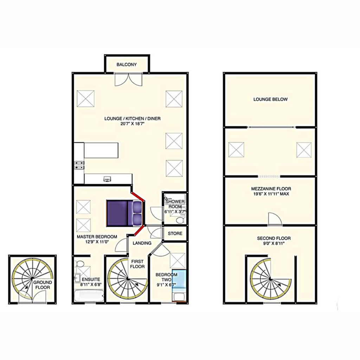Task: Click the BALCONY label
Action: point(127,65)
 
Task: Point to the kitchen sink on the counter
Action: point(107,179)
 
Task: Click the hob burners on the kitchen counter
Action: point(79,165)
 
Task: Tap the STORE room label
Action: point(175,233)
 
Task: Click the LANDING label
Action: point(142,243)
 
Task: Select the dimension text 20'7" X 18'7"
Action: point(132,124)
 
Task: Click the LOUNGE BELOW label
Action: point(270,99)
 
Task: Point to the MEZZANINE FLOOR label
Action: point(271,189)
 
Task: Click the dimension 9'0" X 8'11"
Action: point(274,243)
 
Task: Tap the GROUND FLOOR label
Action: point(43,285)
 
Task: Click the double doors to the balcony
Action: point(129,79)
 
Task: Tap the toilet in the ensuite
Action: point(80,263)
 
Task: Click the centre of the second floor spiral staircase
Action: point(271,279)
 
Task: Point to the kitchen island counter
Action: point(101,150)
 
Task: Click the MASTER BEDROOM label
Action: point(97,237)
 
